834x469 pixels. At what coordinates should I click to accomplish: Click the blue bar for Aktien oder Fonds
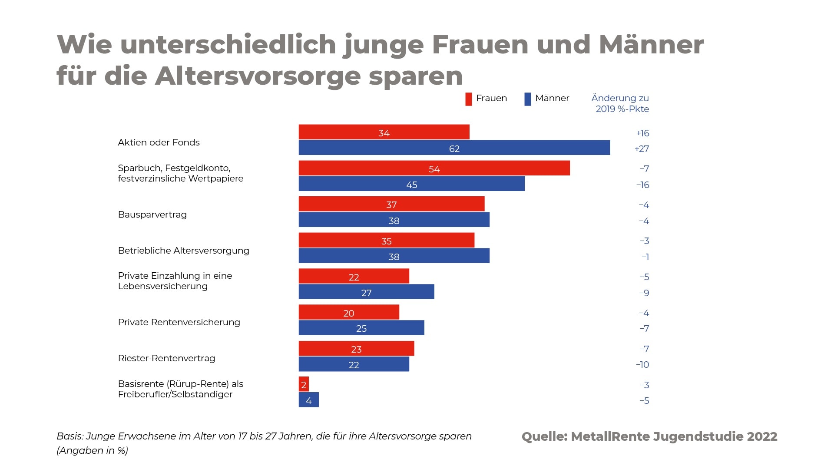click(x=454, y=148)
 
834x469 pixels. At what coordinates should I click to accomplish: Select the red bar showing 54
click(x=434, y=168)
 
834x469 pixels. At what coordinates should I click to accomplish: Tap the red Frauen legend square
click(x=468, y=99)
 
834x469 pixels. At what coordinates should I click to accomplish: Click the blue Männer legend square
click(x=527, y=99)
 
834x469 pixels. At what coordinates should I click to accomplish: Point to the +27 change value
click(x=642, y=149)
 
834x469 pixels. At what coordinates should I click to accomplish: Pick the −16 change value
click(x=642, y=185)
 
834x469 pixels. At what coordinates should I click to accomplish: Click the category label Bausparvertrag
click(x=152, y=215)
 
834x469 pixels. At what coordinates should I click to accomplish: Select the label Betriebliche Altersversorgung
click(x=183, y=251)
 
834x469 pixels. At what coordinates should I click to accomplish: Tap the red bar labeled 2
click(x=304, y=384)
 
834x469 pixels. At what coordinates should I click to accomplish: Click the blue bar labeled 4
click(x=308, y=400)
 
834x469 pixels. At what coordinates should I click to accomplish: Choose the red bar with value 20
click(x=348, y=312)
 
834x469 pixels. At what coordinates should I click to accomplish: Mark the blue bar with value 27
click(x=366, y=292)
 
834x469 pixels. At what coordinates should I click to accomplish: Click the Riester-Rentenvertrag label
click(x=166, y=358)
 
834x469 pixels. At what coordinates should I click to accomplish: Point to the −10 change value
click(x=642, y=365)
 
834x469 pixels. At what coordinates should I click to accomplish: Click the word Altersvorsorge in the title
click(x=258, y=76)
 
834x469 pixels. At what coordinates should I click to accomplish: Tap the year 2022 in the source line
click(x=762, y=436)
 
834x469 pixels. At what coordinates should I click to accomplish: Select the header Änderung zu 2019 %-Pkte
click(x=620, y=103)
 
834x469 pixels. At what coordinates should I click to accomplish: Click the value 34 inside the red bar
click(x=384, y=133)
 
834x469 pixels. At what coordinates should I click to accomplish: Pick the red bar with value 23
click(x=356, y=348)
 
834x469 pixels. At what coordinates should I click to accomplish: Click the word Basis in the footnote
click(x=69, y=436)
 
